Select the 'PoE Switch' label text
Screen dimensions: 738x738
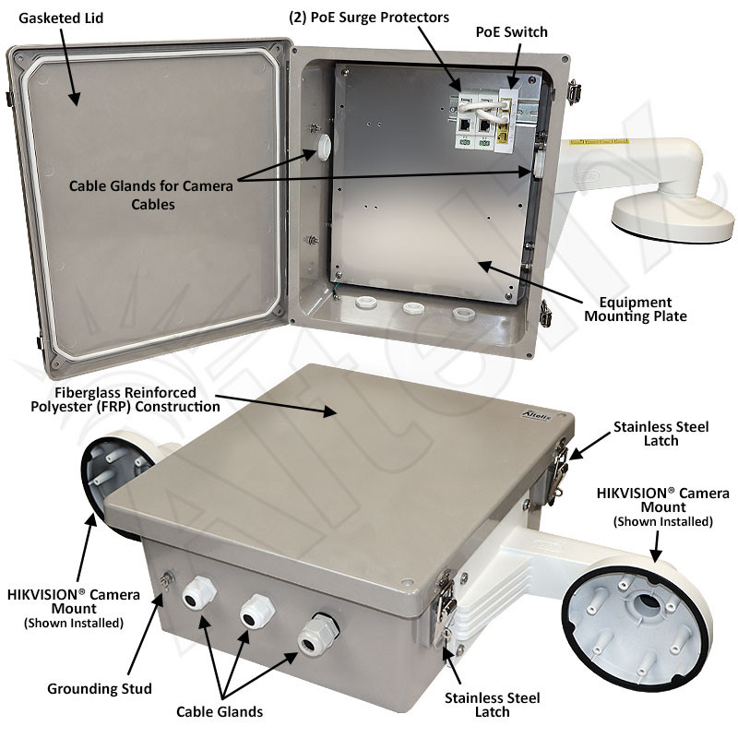511,32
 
